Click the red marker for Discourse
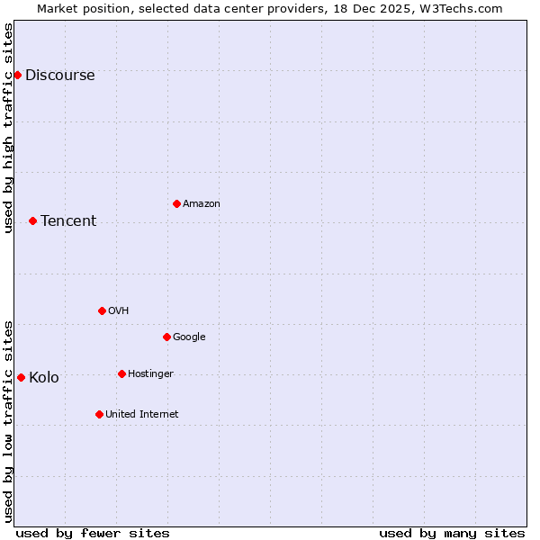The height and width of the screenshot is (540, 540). tap(17, 75)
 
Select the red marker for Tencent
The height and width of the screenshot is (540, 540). tap(32, 220)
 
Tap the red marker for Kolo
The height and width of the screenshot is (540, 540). tap(21, 377)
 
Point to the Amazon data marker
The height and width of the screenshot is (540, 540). tap(176, 203)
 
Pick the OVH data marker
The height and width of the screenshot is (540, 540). tap(102, 310)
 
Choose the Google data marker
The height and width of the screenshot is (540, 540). tap(166, 337)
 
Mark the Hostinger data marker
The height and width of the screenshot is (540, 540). tap(121, 373)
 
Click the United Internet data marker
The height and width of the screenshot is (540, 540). tap(99, 414)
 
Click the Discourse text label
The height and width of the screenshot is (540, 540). tap(59, 76)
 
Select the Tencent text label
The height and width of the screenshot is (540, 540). tap(68, 221)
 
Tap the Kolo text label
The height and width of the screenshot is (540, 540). tap(44, 378)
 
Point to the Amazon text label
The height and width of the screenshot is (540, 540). tap(202, 204)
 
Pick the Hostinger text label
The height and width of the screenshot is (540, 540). tap(150, 374)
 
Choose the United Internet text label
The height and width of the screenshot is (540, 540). tap(141, 415)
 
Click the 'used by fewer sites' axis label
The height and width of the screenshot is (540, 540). tap(93, 533)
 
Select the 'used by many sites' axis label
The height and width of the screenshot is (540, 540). tap(452, 533)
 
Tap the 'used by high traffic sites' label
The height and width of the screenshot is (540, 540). tap(9, 128)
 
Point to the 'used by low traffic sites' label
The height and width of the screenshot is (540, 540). tap(9, 420)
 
